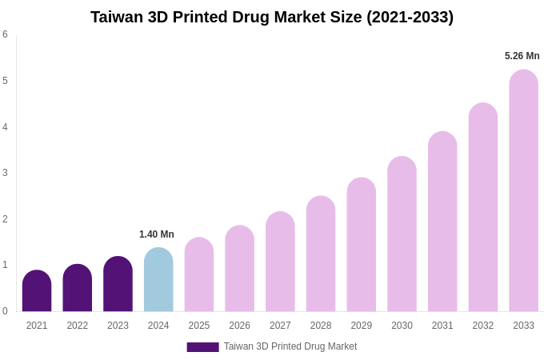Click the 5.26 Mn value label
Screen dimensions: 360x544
click(522, 56)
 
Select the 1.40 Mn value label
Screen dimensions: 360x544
click(157, 234)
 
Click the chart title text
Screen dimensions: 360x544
click(272, 17)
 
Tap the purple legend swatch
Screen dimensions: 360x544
click(202, 347)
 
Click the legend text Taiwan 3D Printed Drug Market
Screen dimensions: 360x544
click(290, 346)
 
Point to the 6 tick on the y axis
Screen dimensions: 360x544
click(5, 34)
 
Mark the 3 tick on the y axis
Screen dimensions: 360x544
click(5, 173)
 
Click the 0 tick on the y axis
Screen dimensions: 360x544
click(5, 311)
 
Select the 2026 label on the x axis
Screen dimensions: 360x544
click(239, 326)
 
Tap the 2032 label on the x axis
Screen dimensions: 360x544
click(482, 326)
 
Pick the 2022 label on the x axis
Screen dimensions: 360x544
click(78, 326)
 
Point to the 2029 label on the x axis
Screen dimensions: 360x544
click(361, 326)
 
